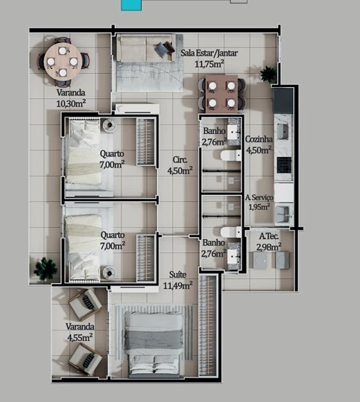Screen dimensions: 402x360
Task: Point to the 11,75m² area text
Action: pos(209,64)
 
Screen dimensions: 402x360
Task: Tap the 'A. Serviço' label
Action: pos(259,197)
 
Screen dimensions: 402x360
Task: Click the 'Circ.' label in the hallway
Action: pos(180,159)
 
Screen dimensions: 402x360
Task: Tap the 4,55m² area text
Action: pos(79,336)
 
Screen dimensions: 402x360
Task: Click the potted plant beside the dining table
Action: pos(268,74)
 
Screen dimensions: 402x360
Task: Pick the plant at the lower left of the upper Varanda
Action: pos(45,268)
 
